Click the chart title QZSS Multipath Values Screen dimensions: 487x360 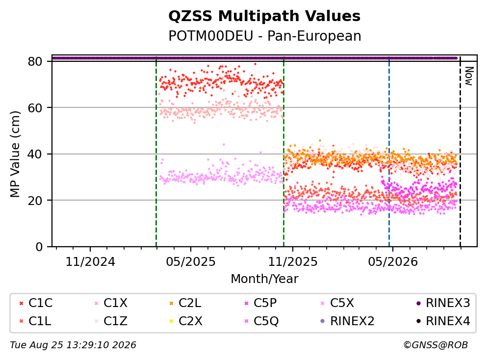[264, 16]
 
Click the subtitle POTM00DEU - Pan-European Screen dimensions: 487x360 [265, 36]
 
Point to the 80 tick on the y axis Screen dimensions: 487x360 [35, 61]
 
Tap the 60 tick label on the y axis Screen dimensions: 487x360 [35, 108]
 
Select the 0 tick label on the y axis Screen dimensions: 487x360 [39, 247]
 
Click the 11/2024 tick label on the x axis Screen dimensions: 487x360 [90, 262]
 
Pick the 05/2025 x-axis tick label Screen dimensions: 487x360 [191, 262]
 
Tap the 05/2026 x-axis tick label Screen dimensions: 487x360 [393, 262]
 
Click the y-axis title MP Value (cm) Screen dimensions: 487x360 [15, 154]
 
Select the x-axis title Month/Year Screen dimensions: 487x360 [264, 279]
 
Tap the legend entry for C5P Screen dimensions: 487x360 [260, 303]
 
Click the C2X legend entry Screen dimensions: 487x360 [186, 321]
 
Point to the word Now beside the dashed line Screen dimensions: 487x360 [469, 76]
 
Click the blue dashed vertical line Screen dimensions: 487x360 [389, 152]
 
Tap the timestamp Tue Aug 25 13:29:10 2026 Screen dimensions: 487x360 [73, 345]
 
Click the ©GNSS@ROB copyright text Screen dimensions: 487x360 [436, 345]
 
